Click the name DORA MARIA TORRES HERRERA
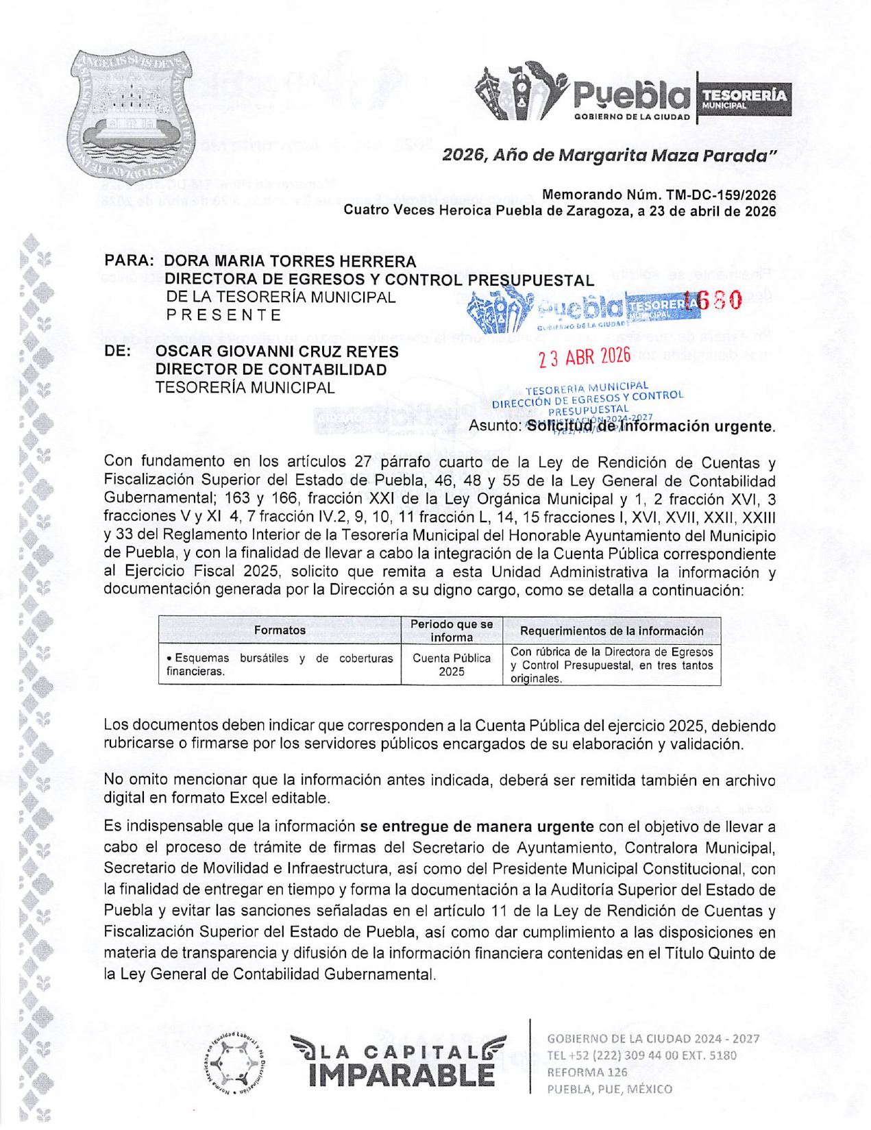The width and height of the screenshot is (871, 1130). click(290, 262)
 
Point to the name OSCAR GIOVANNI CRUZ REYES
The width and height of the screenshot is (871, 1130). click(277, 352)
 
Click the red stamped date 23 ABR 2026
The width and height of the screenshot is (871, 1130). click(584, 357)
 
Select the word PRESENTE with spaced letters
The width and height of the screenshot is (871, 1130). click(224, 315)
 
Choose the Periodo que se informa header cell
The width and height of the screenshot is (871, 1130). click(452, 630)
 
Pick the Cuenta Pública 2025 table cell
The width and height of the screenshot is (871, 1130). click(452, 665)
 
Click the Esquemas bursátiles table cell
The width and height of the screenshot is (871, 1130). click(280, 665)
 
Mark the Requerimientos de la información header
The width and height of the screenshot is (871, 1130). click(611, 630)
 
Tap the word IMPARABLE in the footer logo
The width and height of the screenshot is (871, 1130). click(402, 1074)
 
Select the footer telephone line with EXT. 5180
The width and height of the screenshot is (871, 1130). click(641, 1055)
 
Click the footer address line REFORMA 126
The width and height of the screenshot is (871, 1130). click(587, 1072)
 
